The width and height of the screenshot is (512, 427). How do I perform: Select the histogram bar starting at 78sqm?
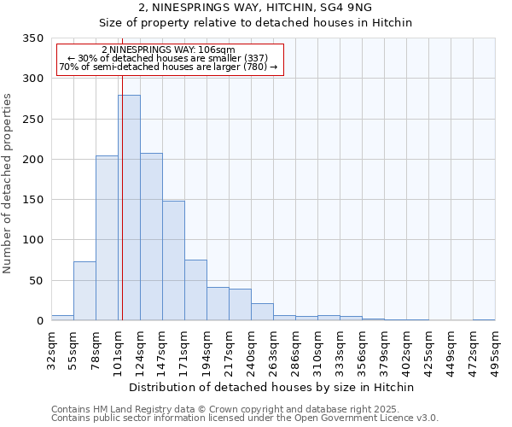107,238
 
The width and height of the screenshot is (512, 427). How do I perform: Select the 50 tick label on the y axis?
36,280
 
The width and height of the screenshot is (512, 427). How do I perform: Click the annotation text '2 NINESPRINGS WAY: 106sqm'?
168,50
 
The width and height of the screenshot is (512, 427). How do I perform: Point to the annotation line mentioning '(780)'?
168,67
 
